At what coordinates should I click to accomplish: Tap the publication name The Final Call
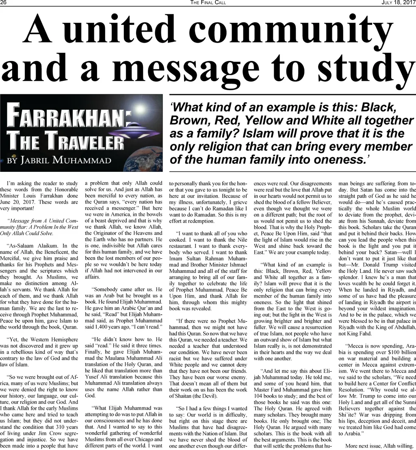click(x=208, y=3)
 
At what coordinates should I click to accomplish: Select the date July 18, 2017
click(x=398, y=3)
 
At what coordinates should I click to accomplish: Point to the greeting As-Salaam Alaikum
click(x=32, y=246)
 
